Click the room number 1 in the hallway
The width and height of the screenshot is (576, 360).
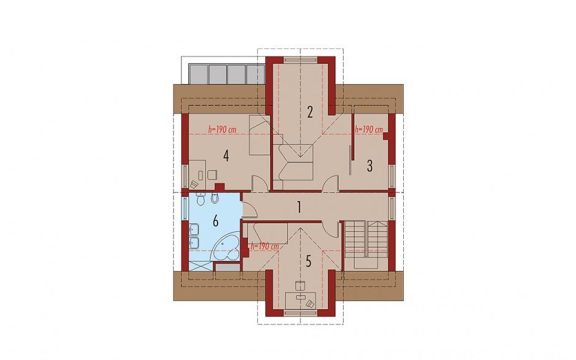click(300, 208)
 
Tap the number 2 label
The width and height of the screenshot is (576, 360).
click(310, 112)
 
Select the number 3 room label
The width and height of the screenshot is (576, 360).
click(369, 166)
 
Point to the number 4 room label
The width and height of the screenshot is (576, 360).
click(226, 156)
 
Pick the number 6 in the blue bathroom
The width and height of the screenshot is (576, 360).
click(215, 221)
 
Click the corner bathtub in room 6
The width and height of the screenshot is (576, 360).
click(225, 250)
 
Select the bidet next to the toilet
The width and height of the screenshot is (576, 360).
click(215, 198)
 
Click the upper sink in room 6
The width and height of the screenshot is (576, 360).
click(194, 230)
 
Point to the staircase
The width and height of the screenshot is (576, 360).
click(366, 244)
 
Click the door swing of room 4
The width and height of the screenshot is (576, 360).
click(259, 183)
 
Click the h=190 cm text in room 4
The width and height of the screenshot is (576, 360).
click(222, 129)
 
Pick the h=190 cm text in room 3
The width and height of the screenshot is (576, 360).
click(369, 129)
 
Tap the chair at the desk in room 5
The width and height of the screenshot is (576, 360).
click(300, 286)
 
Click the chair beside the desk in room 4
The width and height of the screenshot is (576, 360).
click(212, 174)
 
